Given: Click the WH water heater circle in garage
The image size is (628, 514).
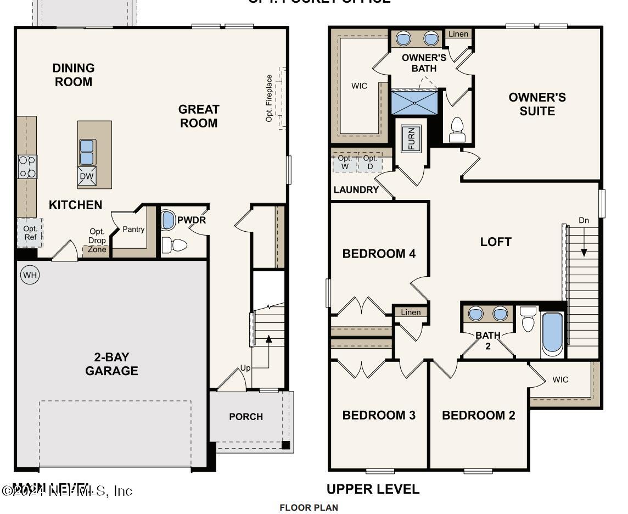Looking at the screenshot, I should pyautogui.click(x=30, y=275).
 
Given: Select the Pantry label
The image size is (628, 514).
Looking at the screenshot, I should pyautogui.click(x=133, y=230).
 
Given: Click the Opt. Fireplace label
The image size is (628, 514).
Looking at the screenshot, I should pyautogui.click(x=270, y=98).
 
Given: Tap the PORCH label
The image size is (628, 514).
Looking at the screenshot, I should pyautogui.click(x=246, y=417).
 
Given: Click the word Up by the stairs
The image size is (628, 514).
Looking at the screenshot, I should pyautogui.click(x=245, y=368).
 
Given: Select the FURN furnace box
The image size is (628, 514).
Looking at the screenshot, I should pyautogui.click(x=412, y=138).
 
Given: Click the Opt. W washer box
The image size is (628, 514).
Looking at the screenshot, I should pyautogui.click(x=345, y=163).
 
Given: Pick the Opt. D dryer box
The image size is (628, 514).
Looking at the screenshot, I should pyautogui.click(x=370, y=163).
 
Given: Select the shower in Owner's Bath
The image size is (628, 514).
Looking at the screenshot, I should pyautogui.click(x=415, y=103).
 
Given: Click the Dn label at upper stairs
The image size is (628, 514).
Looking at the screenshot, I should pyautogui.click(x=584, y=221).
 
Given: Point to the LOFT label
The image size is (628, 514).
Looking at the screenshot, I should pyautogui.click(x=496, y=242).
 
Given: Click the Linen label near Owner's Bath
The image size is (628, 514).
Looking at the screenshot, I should pyautogui.click(x=458, y=34).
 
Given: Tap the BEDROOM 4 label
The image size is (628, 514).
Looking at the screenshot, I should pyautogui.click(x=379, y=254).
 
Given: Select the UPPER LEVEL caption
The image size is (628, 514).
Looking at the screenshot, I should pyautogui.click(x=373, y=489).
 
